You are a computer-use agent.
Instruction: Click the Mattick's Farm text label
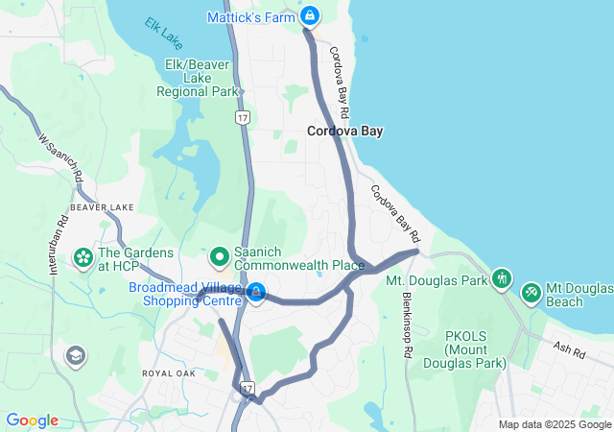click(252, 17)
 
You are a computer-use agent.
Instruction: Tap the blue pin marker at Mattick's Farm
click(310, 15)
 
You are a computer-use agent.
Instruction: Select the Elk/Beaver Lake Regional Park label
click(199, 79)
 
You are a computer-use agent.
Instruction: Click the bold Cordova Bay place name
click(344, 132)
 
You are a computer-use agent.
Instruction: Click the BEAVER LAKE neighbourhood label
click(102, 207)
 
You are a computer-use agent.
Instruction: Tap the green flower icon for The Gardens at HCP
click(83, 257)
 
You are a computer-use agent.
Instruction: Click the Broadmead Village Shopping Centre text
click(186, 294)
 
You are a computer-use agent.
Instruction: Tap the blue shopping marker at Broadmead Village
click(256, 292)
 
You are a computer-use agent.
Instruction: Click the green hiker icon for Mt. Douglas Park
click(500, 279)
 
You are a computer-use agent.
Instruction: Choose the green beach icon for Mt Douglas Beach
click(531, 290)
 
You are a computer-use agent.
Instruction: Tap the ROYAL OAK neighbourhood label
click(169, 372)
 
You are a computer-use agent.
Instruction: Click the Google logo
click(32, 420)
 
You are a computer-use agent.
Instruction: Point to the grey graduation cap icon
click(74, 357)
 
